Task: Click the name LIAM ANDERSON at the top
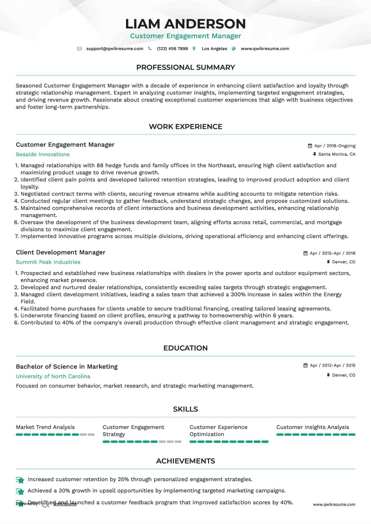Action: [x=185, y=24]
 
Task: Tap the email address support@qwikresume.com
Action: [x=115, y=49]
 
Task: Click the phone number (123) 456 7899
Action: [x=172, y=49]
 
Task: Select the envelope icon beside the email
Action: [x=79, y=49]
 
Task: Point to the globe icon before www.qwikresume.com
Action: [x=234, y=49]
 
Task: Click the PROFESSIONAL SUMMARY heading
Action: [x=185, y=67]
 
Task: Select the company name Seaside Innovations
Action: [x=43, y=154]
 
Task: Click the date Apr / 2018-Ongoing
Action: [x=335, y=146]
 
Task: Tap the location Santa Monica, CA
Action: [x=336, y=154]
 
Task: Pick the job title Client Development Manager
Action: [x=60, y=252]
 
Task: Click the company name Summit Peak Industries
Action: [x=48, y=262]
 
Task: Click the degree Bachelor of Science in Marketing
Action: [x=67, y=367]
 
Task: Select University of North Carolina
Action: [x=53, y=376]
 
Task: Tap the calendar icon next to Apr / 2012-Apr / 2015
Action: [x=305, y=365]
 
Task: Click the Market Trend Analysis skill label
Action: [x=45, y=427]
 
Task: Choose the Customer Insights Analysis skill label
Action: [x=312, y=427]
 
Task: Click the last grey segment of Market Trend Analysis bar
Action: [x=91, y=434]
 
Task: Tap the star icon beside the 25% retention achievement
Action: [x=20, y=480]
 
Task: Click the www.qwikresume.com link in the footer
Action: [x=334, y=505]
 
